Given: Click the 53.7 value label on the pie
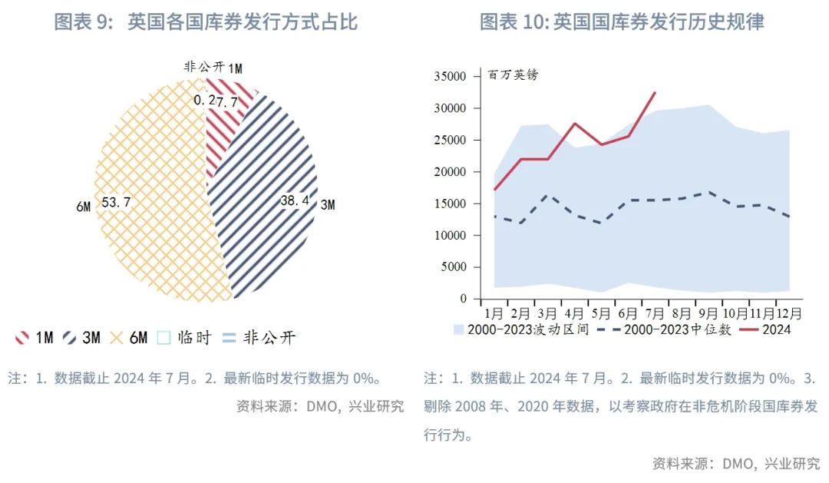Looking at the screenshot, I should click(x=115, y=202).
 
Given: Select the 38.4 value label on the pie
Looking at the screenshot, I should click(x=296, y=200).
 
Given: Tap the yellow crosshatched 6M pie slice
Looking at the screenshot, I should click(x=154, y=192).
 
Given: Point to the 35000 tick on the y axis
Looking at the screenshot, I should click(x=450, y=77).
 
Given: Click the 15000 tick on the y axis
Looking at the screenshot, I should click(x=450, y=203).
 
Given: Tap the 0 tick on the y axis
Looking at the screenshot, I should click(x=462, y=299).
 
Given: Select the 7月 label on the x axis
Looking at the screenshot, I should click(x=655, y=313).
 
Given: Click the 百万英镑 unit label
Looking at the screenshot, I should click(x=514, y=75).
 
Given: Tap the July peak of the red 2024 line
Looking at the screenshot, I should click(x=655, y=92).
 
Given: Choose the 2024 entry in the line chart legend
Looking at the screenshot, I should click(x=776, y=329).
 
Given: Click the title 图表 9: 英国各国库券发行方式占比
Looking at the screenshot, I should click(x=206, y=22).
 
